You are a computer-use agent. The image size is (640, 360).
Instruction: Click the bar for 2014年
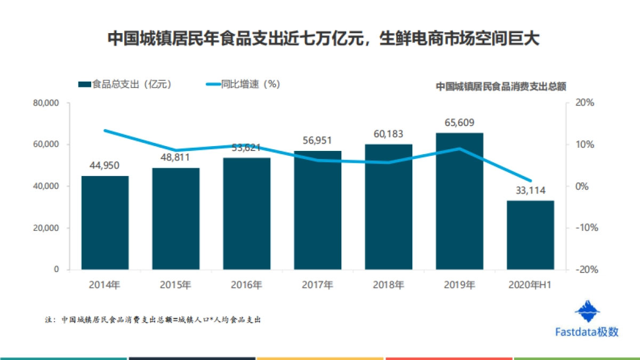105,222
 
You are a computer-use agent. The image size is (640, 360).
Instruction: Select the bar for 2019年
459,201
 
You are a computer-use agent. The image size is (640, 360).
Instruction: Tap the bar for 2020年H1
530,235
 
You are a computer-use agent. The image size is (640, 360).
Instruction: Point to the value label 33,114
530,190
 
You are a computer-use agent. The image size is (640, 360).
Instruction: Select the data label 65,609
459,123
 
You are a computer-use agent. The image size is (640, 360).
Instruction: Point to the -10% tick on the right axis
585,228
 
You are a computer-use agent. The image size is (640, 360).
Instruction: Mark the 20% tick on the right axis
586,103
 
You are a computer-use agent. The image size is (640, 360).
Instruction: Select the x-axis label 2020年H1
530,285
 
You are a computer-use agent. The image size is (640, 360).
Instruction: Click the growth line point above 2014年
105,131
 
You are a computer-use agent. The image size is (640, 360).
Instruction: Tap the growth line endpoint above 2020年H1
530,181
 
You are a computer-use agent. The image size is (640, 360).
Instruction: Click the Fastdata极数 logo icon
587,311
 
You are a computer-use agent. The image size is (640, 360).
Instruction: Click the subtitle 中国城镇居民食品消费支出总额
500,86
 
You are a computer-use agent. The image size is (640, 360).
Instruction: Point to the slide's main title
320,39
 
